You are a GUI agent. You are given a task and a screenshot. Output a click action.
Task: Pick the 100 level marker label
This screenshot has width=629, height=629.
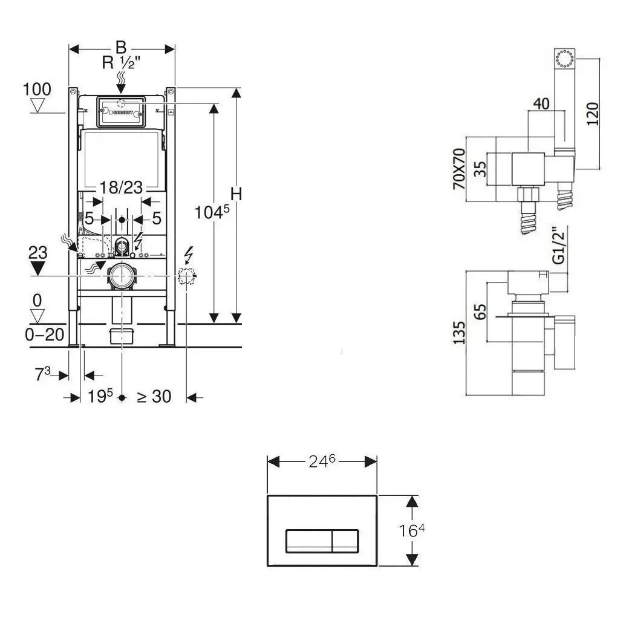[37, 90]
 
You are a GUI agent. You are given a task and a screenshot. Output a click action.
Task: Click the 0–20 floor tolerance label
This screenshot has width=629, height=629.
[45, 334]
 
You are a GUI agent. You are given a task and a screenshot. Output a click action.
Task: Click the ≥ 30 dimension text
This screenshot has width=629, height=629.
[154, 397]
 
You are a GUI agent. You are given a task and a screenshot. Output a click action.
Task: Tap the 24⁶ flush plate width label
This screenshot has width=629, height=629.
[322, 462]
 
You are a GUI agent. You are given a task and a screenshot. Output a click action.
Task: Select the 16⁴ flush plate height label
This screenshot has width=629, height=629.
[412, 530]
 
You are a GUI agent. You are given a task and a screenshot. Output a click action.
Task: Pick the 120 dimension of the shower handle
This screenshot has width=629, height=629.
[592, 114]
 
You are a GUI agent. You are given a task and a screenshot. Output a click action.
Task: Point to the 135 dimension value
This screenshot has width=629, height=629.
[459, 333]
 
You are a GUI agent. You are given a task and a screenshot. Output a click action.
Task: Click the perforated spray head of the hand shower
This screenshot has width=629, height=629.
[564, 59]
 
